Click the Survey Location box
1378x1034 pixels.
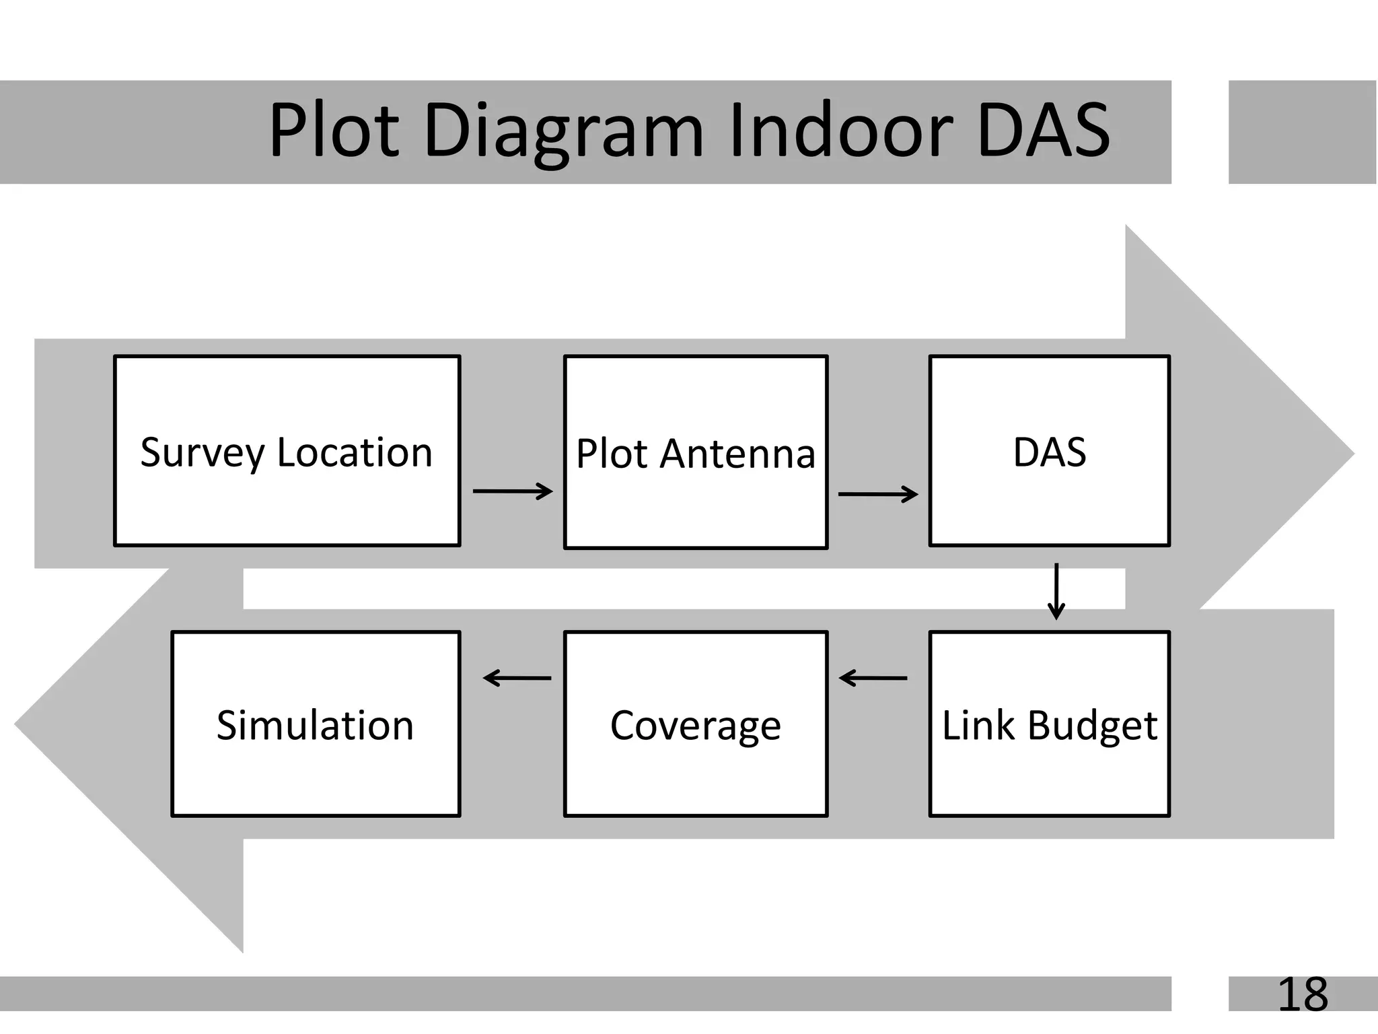[287, 450]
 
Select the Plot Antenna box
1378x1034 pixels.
[696, 452]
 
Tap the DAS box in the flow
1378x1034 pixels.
[1050, 450]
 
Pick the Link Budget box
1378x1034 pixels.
[1050, 724]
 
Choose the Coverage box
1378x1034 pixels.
[696, 724]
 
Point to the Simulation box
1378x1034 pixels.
[316, 724]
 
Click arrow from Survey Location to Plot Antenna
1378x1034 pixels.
[513, 491]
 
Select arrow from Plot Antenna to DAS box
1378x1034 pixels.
[878, 495]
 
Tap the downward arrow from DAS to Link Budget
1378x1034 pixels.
[1056, 591]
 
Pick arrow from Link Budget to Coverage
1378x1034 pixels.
[873, 678]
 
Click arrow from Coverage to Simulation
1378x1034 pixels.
[517, 678]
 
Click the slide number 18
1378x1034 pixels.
[1303, 994]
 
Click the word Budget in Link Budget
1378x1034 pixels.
[1092, 726]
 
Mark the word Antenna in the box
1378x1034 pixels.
[737, 454]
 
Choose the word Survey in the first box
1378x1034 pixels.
[203, 452]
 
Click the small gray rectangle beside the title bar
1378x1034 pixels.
[1303, 132]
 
